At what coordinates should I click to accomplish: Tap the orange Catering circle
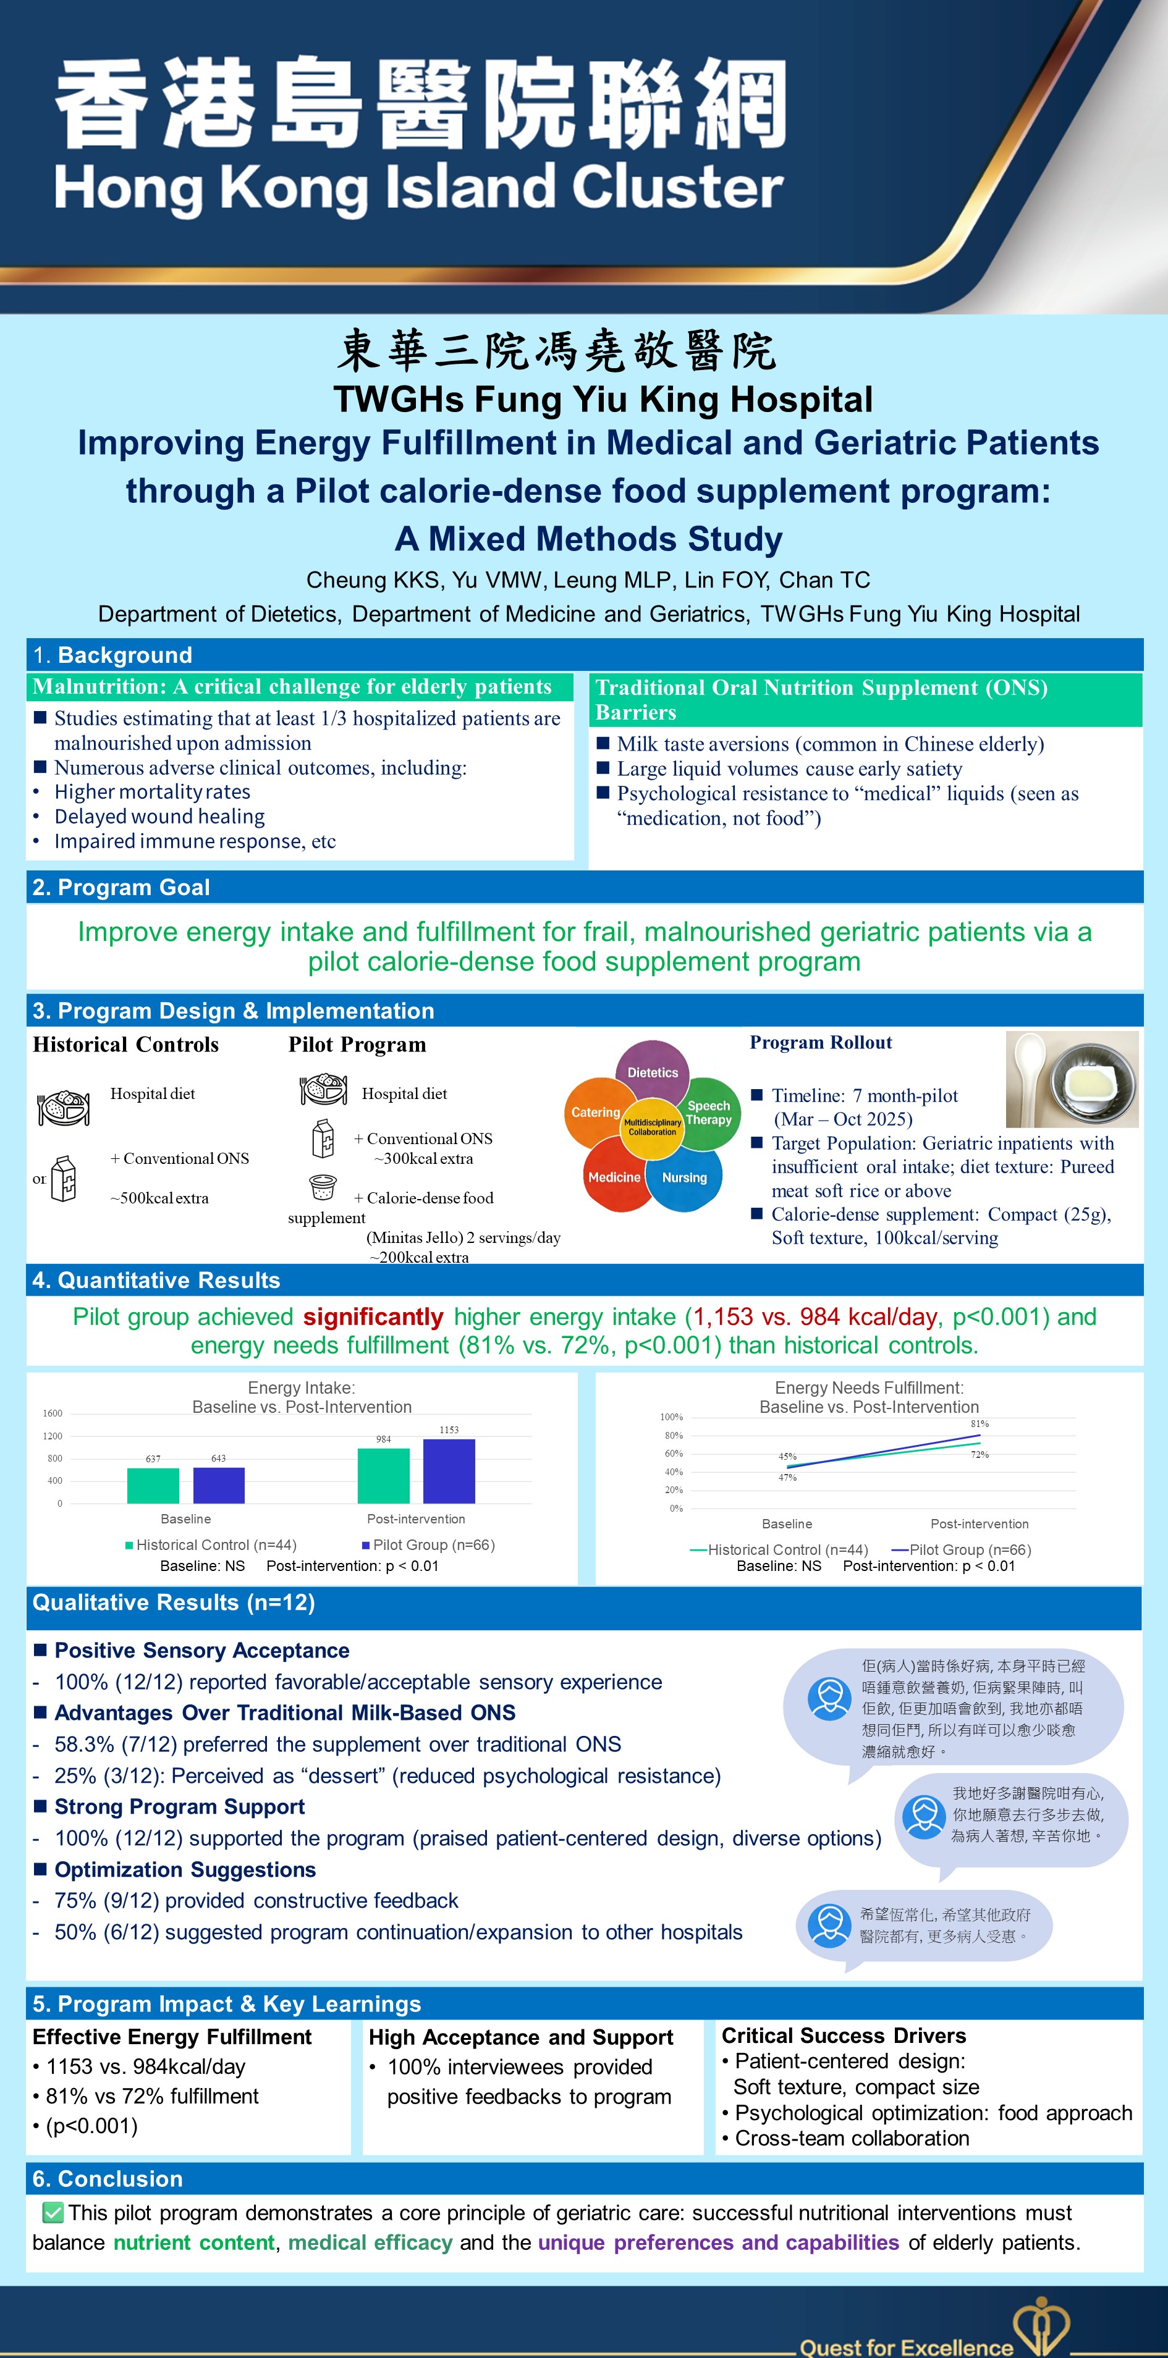pyautogui.click(x=596, y=1111)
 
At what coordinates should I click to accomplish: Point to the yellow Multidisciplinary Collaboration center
pyautogui.click(x=653, y=1127)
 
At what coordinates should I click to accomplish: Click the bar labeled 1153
pyautogui.click(x=449, y=1470)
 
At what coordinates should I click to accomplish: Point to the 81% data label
pyautogui.click(x=980, y=1423)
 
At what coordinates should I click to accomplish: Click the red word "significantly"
pyautogui.click(x=373, y=1316)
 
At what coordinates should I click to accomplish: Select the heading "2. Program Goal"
pyautogui.click(x=121, y=887)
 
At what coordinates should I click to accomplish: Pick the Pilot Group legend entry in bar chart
pyautogui.click(x=428, y=1544)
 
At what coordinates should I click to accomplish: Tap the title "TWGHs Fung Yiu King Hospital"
pyautogui.click(x=603, y=399)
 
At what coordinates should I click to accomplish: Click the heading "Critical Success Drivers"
pyautogui.click(x=843, y=2035)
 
